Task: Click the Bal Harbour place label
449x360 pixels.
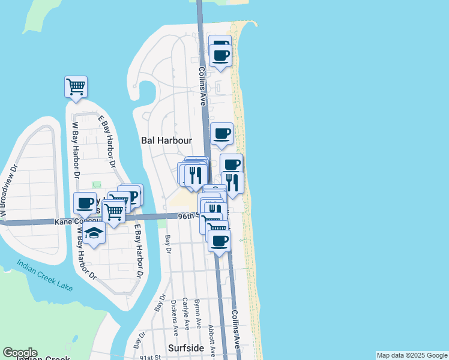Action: [166, 140]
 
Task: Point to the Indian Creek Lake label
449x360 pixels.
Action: [44, 275]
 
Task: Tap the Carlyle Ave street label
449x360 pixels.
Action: [186, 313]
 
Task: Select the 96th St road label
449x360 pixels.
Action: [187, 216]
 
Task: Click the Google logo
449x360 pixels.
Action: [20, 353]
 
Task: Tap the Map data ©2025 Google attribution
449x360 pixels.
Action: [412, 355]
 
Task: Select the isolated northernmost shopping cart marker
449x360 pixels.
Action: [76, 86]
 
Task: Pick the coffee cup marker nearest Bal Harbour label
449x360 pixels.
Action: [221, 133]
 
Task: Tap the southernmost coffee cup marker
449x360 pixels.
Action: [219, 241]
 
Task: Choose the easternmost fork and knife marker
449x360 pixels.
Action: [232, 181]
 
